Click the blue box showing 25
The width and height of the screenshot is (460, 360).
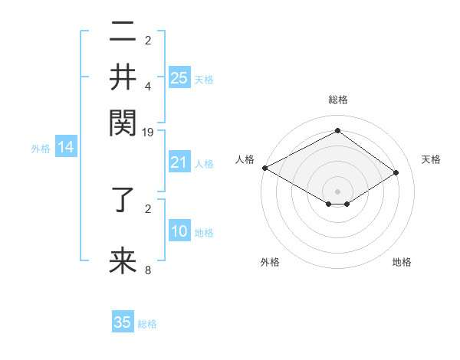(179, 77)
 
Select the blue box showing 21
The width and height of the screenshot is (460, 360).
(179, 162)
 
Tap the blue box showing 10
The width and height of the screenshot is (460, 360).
(179, 231)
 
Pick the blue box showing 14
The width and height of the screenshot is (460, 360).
(66, 147)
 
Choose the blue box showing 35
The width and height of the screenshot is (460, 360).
(123, 322)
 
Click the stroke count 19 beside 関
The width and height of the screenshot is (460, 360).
(149, 133)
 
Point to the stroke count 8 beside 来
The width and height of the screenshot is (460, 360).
(148, 270)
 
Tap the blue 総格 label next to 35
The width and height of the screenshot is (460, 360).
(147, 325)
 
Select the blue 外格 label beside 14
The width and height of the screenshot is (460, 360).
(41, 149)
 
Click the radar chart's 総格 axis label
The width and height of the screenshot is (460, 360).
(337, 100)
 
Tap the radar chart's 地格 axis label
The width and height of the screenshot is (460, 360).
(402, 262)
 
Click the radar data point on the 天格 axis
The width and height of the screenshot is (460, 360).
(396, 173)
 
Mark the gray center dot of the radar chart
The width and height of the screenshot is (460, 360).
(337, 191)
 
